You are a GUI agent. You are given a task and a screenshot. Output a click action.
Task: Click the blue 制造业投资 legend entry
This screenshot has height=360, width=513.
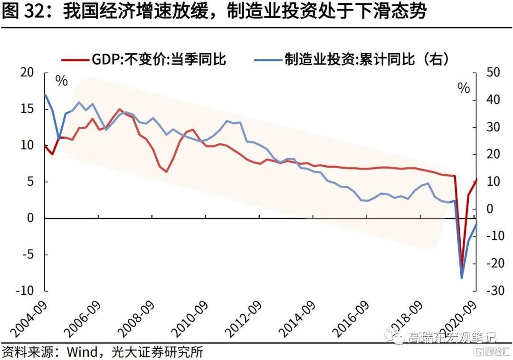coord(351,59)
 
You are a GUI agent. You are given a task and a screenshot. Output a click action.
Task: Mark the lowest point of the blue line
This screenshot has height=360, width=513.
coord(461,278)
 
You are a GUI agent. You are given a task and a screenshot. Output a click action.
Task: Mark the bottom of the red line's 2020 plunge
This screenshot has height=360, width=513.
coord(461,266)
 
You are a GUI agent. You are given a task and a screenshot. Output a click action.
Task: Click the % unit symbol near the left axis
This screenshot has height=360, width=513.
coord(61,81)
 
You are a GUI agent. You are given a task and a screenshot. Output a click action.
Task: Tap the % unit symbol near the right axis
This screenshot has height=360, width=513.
coord(464,88)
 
